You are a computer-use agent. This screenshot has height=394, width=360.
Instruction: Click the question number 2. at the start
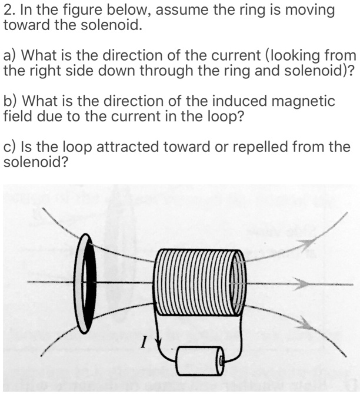[9, 11]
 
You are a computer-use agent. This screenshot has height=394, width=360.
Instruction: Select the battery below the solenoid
[200, 358]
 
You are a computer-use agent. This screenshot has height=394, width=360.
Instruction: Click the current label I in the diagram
[143, 340]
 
